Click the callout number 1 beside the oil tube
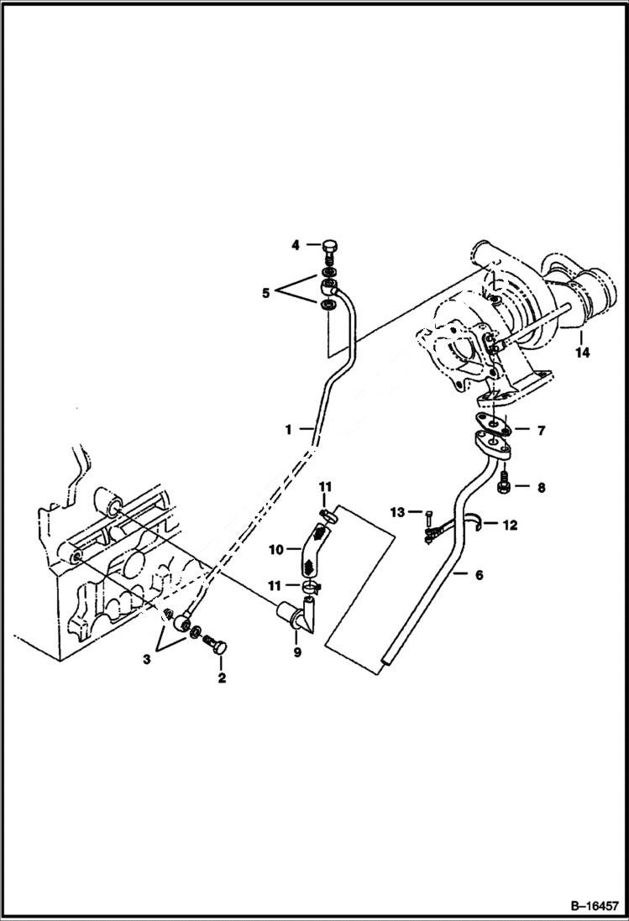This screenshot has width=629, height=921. pyautogui.click(x=287, y=429)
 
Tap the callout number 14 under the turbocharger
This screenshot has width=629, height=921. pyautogui.click(x=582, y=353)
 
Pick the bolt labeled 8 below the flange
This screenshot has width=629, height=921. pyautogui.click(x=504, y=486)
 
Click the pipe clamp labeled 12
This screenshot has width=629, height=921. pyautogui.click(x=477, y=523)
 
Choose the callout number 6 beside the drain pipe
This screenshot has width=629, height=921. pyautogui.click(x=479, y=575)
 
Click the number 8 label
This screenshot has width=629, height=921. pyautogui.click(x=541, y=486)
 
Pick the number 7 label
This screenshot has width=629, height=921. pyautogui.click(x=541, y=431)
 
